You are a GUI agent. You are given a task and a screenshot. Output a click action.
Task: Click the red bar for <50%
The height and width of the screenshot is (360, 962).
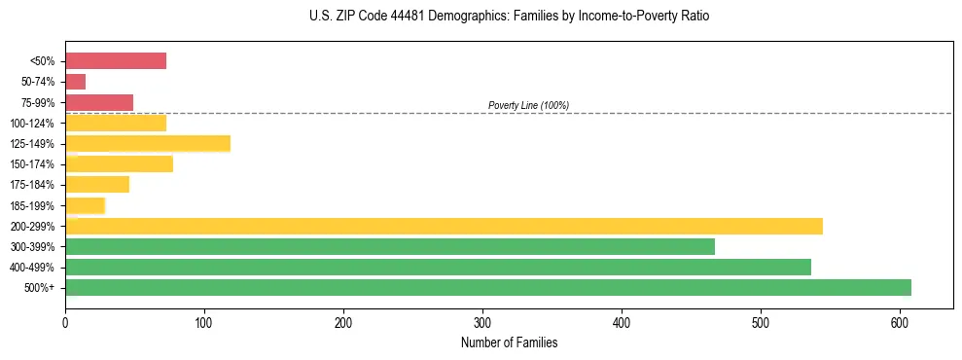[x=116, y=61]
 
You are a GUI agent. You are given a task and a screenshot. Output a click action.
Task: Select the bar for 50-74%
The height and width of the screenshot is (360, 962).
[x=76, y=82]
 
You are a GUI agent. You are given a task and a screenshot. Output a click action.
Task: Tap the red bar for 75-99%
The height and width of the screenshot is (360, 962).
[x=99, y=102]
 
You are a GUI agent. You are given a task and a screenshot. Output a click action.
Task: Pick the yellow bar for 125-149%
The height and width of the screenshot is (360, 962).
[x=148, y=144]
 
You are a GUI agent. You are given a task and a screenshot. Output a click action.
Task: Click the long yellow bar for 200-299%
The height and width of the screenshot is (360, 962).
[x=444, y=226]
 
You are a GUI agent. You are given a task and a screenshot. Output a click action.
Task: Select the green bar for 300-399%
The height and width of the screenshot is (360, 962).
[x=390, y=246]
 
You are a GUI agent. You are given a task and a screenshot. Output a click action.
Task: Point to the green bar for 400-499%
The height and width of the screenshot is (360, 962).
[x=438, y=267]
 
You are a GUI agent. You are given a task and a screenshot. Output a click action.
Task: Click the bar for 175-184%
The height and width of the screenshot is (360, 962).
[x=97, y=185]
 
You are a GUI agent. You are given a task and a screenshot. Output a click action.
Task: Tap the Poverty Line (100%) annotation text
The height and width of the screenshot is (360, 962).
[x=528, y=105]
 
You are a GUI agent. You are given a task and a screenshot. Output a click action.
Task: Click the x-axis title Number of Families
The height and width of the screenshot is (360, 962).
[x=510, y=343]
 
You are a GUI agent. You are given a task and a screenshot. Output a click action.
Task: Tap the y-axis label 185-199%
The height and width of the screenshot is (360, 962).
[x=32, y=205]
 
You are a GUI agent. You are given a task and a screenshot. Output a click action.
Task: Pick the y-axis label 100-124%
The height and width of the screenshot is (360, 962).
[x=32, y=124]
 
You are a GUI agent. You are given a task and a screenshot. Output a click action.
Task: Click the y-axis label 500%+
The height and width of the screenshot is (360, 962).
[x=40, y=288]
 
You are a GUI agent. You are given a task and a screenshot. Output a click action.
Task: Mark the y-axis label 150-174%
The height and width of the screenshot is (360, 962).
[x=32, y=164]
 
